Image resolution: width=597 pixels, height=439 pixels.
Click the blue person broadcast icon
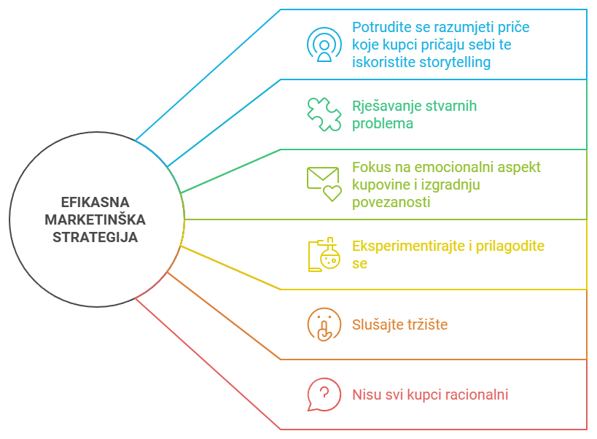(324, 44)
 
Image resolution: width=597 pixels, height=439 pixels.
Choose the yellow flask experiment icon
(324, 254)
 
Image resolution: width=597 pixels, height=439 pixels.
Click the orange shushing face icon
(324, 325)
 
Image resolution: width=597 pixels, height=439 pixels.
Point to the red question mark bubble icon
(324, 395)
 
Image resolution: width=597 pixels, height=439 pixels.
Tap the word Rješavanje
(384, 106)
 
